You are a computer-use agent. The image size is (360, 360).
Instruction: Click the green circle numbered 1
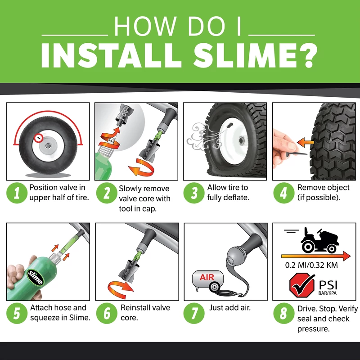pos(17,194)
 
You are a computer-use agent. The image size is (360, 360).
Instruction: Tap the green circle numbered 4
pos(283,194)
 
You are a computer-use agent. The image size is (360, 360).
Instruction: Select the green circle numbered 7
pos(194,314)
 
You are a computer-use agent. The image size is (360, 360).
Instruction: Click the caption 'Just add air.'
pos(230,308)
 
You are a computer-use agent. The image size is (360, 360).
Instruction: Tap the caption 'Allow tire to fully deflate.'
pos(227,192)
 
